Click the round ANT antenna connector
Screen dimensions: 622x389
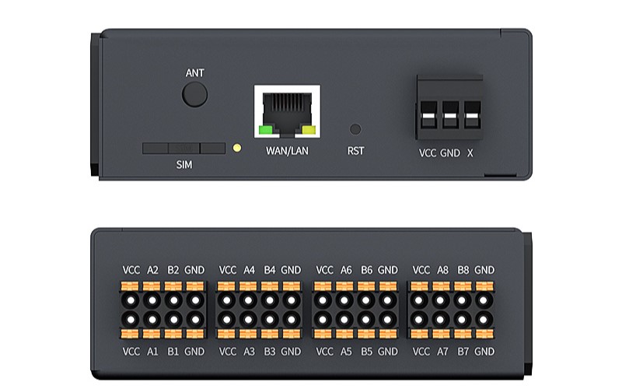[x=194, y=94]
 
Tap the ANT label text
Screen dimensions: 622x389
[x=195, y=73]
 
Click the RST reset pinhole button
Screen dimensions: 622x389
[x=355, y=129]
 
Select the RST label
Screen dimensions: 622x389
[x=355, y=151]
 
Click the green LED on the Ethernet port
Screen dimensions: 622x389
[x=265, y=130]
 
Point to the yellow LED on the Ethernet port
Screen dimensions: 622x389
[x=309, y=130]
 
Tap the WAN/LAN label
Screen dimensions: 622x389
[x=287, y=151]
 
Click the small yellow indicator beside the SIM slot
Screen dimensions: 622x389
[x=237, y=148]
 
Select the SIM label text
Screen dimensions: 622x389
[x=184, y=165]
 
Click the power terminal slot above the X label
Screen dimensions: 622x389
[x=472, y=114]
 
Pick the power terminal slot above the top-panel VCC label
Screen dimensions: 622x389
[x=429, y=114]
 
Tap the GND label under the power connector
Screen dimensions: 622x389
[x=450, y=153]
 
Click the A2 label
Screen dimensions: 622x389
[x=152, y=270]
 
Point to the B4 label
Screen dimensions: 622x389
[x=269, y=270]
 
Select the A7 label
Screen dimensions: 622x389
[x=442, y=352]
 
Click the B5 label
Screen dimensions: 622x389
[x=366, y=352]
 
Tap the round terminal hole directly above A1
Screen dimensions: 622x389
[x=152, y=319]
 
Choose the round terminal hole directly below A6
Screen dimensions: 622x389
[x=344, y=300]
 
